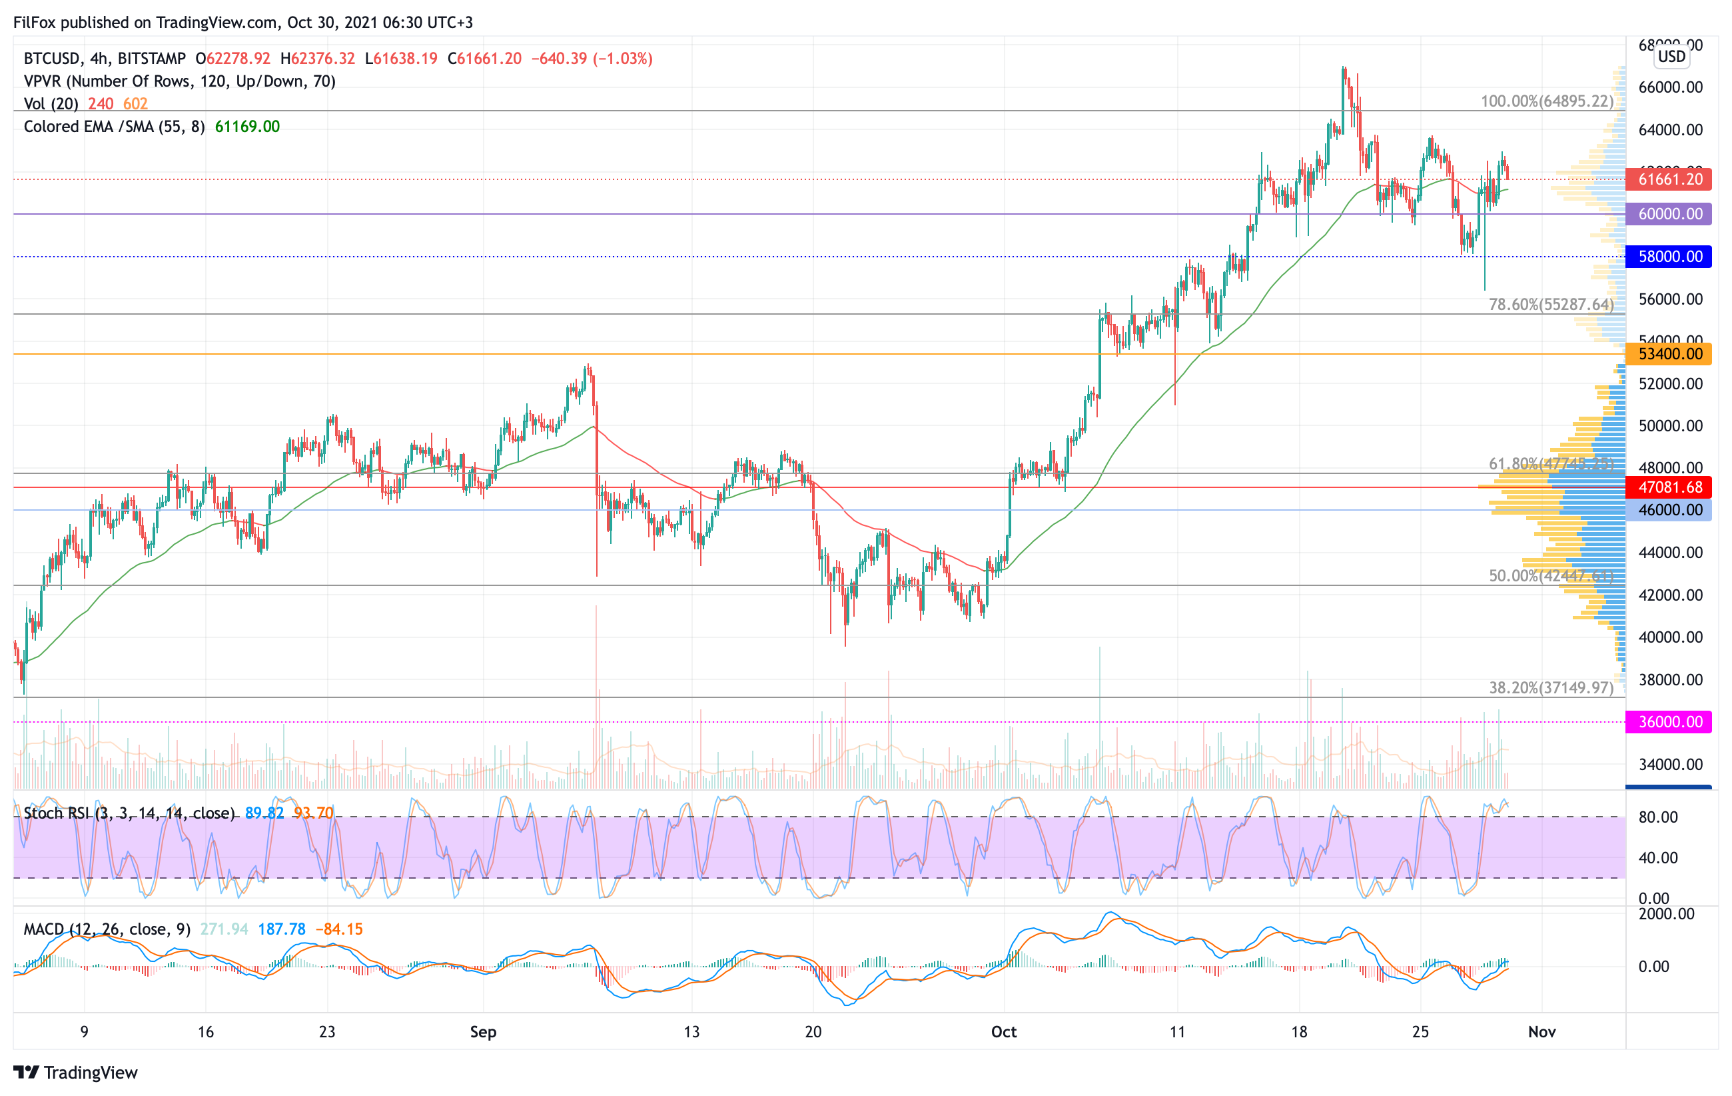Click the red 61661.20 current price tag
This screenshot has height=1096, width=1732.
pyautogui.click(x=1669, y=179)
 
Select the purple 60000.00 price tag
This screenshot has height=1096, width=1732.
pyautogui.click(x=1669, y=214)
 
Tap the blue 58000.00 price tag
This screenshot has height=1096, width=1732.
pyautogui.click(x=1669, y=256)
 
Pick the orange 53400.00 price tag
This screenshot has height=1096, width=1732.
pyautogui.click(x=1669, y=354)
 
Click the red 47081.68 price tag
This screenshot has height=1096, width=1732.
pyautogui.click(x=1669, y=487)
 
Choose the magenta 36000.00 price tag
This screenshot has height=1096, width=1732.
pyautogui.click(x=1669, y=722)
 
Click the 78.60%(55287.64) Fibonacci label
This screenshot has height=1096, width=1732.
pyautogui.click(x=1551, y=305)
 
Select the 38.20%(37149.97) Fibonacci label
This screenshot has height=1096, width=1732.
pyautogui.click(x=1551, y=688)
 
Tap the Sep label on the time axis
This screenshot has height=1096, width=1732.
pyautogui.click(x=484, y=1032)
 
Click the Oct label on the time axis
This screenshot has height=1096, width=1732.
pyautogui.click(x=1004, y=1032)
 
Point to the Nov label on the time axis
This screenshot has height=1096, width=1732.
pyautogui.click(x=1542, y=1032)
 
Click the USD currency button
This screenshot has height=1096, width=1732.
pyautogui.click(x=1671, y=56)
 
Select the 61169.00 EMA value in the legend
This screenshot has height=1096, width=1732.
pyautogui.click(x=247, y=127)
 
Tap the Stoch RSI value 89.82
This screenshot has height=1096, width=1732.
pyautogui.click(x=264, y=813)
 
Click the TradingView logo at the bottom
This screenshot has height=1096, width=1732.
pyautogui.click(x=75, y=1072)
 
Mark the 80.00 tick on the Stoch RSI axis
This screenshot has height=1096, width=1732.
pyautogui.click(x=1658, y=817)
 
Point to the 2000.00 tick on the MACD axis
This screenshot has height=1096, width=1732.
pyautogui.click(x=1667, y=914)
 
